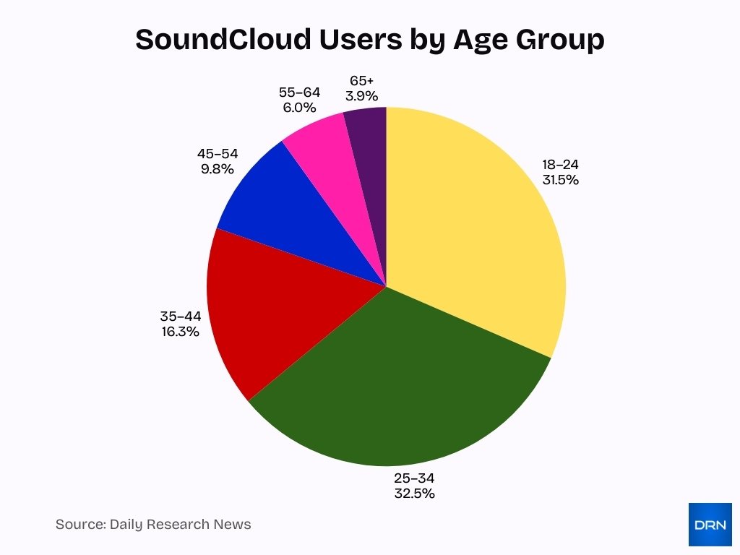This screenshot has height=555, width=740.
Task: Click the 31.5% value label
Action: pyautogui.click(x=561, y=180)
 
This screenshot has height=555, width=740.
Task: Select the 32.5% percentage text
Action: pyautogui.click(x=414, y=494)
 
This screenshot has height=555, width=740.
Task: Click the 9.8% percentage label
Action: pyautogui.click(x=218, y=169)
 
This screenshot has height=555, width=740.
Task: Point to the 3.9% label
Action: pyautogui.click(x=361, y=95)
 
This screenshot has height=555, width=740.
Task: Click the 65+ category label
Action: pyautogui.click(x=361, y=80)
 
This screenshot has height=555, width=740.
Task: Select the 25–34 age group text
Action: pyautogui.click(x=414, y=478)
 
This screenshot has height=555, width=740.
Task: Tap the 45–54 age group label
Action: pyautogui.click(x=218, y=153)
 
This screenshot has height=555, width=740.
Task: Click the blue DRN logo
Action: pyautogui.click(x=710, y=524)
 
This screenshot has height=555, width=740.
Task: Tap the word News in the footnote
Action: pyautogui.click(x=233, y=525)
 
